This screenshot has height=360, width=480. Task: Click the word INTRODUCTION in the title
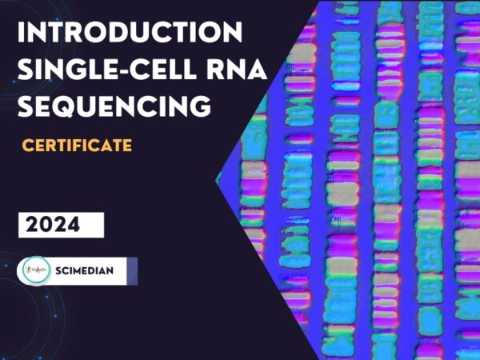130,34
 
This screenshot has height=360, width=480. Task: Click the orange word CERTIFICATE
77,146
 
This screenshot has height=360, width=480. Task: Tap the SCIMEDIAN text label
85,270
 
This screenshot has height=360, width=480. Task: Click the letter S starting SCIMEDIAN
59,270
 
